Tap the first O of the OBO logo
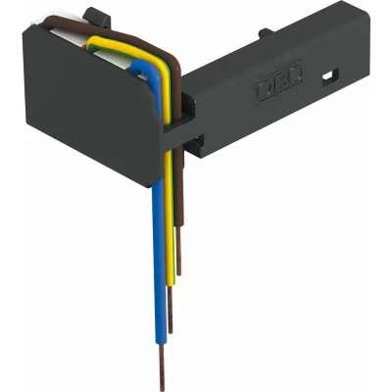pos(265,90)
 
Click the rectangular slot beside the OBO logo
pos(330,75)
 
